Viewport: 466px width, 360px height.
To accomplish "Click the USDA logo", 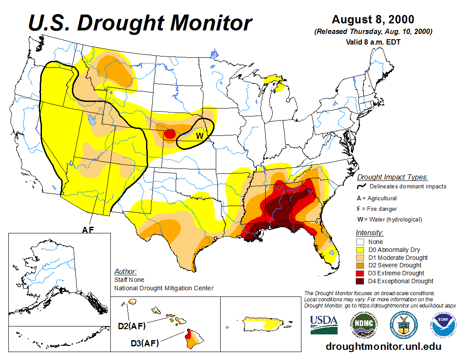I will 324,325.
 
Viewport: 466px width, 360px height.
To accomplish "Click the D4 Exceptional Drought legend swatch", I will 360,281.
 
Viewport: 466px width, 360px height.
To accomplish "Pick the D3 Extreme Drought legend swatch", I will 360,273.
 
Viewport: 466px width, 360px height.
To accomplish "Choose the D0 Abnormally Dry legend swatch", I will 360,250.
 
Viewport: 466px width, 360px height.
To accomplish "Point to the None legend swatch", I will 360,242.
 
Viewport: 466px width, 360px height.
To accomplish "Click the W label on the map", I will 199,135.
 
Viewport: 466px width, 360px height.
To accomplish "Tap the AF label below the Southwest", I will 88,229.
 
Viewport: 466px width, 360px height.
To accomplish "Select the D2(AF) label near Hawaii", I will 132,326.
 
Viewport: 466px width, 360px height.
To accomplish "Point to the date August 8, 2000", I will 373,19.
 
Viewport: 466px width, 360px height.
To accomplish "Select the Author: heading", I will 125,271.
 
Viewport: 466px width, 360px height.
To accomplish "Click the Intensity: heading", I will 369,232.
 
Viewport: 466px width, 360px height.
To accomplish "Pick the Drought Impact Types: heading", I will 392,177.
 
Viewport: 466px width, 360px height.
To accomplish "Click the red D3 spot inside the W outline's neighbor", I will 169,133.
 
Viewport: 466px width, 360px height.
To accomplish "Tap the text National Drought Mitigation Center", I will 164,288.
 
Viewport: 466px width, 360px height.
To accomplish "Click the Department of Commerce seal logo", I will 404,324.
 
